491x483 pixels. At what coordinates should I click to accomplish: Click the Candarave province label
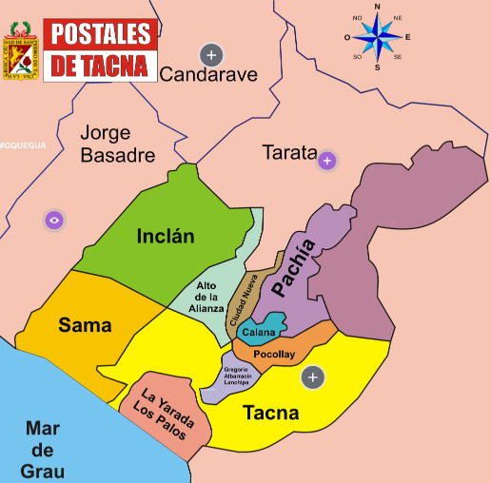(208, 75)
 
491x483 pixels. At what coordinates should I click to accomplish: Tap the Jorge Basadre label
(118, 144)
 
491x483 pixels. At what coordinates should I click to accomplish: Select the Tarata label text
(288, 152)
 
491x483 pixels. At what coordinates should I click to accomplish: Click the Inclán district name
(165, 236)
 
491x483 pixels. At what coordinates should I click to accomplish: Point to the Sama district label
(85, 325)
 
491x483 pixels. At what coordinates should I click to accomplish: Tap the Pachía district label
(292, 269)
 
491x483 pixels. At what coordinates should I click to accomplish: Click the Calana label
(258, 333)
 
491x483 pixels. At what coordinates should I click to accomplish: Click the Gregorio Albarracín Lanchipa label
(238, 377)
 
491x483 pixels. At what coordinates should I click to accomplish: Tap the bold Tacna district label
(270, 413)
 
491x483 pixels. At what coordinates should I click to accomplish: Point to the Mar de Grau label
(43, 448)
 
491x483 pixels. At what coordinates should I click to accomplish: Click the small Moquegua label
(22, 145)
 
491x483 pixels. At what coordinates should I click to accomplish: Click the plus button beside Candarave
(210, 53)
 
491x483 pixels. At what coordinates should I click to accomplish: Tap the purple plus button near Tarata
(327, 160)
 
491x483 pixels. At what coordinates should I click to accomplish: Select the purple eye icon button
(54, 220)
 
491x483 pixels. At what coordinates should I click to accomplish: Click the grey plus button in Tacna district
(312, 377)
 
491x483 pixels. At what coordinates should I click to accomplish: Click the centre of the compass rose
(378, 38)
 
